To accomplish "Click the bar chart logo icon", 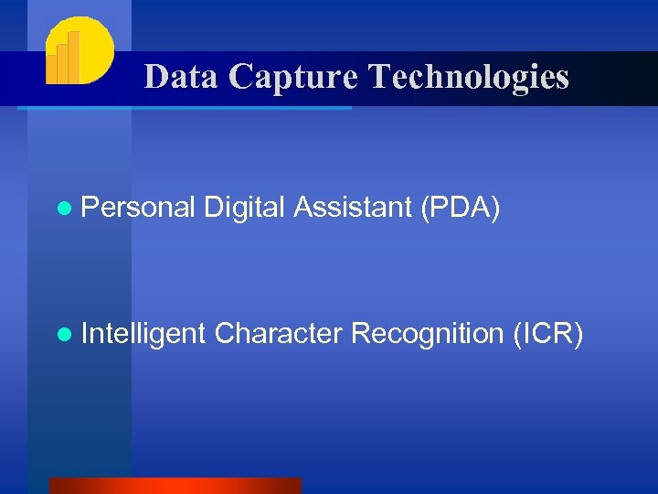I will [80, 51].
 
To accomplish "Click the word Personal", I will [137, 209].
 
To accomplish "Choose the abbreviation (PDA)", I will [460, 209].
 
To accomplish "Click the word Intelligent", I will [143, 335].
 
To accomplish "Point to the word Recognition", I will [427, 335].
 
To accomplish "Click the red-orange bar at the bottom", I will [175, 486].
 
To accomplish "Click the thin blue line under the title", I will [183, 108].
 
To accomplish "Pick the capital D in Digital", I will [212, 208].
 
